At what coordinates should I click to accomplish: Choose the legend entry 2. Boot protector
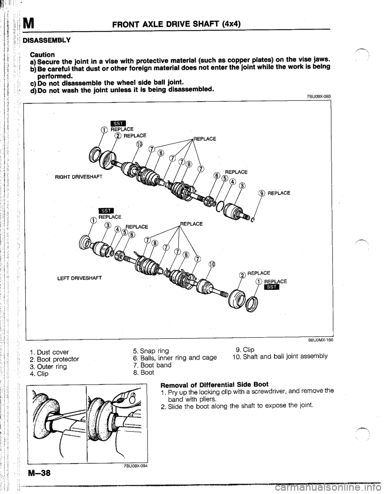pyautogui.click(x=57, y=359)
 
